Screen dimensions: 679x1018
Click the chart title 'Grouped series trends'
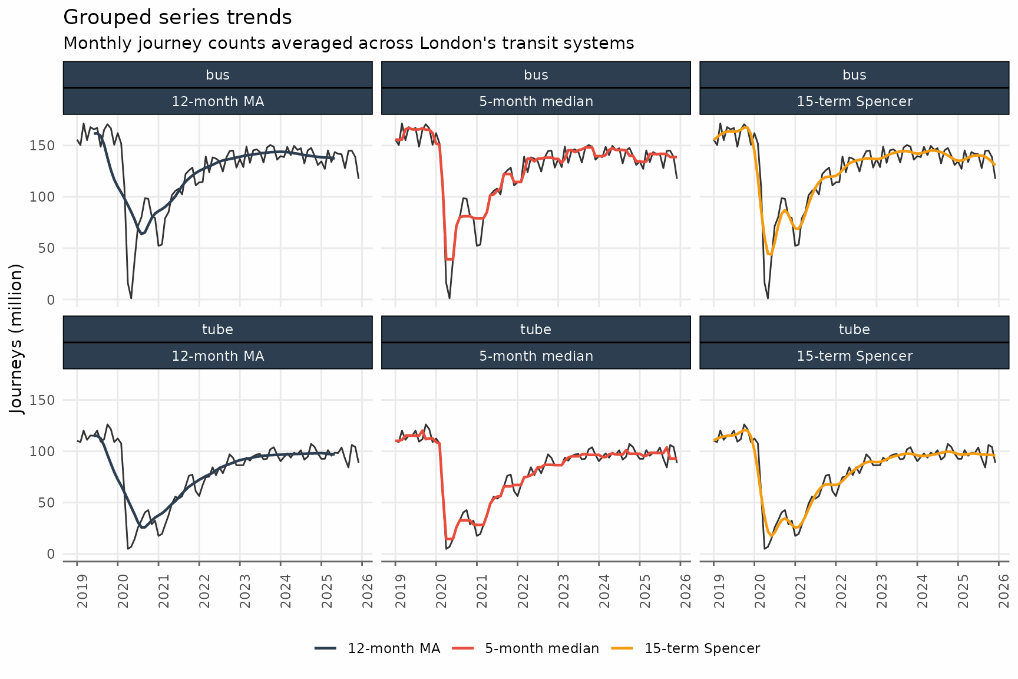pos(177,18)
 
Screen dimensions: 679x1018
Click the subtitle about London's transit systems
pos(348,44)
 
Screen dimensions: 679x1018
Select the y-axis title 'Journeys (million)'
pos(17,339)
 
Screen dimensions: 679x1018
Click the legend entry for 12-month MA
pos(378,648)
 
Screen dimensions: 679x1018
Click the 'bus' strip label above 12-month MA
pos(217,75)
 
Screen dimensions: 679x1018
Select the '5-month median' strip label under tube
pos(536,356)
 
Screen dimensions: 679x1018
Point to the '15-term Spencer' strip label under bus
pos(854,101)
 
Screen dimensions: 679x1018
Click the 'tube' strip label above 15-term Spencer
pos(854,329)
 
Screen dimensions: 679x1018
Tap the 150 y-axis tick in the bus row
pos(42,146)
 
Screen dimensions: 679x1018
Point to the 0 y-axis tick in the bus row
pos(50,300)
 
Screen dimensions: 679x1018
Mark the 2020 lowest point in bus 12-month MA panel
pos(131,298)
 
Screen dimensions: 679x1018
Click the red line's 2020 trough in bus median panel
pos(449,259)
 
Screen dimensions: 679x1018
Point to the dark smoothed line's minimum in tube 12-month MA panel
pos(143,527)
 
